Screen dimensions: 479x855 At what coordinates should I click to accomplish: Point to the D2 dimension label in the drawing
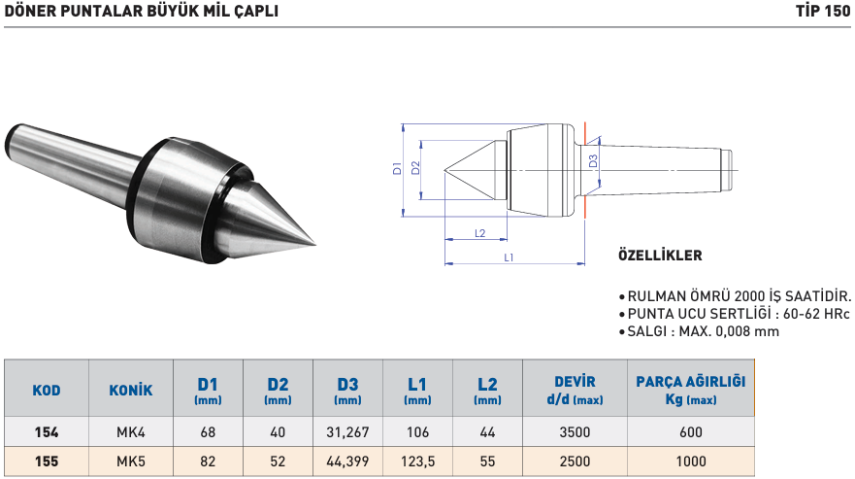click(415, 167)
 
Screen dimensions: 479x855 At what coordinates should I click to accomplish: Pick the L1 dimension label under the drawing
click(510, 257)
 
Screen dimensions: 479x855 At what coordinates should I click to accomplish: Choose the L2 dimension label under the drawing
click(479, 233)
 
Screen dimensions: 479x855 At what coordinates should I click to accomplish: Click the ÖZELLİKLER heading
click(660, 257)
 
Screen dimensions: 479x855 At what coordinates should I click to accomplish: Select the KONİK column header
click(131, 391)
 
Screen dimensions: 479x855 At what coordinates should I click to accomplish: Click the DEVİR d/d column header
click(575, 391)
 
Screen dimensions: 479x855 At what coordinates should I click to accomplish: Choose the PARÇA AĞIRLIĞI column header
click(690, 391)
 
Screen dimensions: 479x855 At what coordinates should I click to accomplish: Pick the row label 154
click(46, 432)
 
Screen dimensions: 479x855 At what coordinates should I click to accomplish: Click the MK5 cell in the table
click(131, 462)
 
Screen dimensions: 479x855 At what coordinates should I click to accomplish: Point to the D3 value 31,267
click(347, 432)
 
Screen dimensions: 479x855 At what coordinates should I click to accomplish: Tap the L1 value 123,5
click(418, 462)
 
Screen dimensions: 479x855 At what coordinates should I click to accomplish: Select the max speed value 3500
click(575, 432)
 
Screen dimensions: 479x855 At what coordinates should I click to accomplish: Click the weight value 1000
click(690, 462)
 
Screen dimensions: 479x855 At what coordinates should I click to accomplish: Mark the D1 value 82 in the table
click(208, 462)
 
